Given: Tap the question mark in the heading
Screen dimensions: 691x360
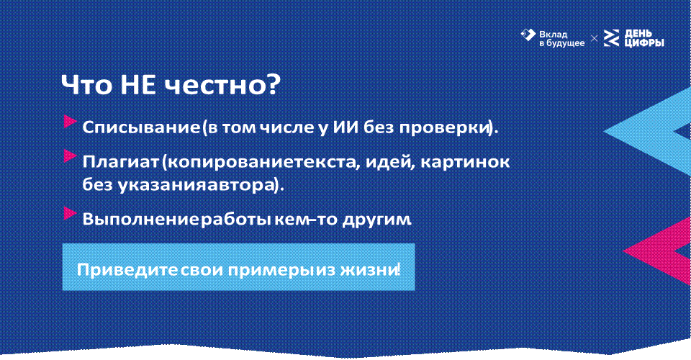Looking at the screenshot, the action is tap(273, 85).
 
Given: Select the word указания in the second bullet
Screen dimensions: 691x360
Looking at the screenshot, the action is tap(150, 185).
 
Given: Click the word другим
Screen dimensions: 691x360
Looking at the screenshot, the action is tap(376, 220).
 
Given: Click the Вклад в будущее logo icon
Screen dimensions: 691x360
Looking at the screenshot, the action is tap(528, 35).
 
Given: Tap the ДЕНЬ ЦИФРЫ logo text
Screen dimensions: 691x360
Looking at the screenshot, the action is tap(644, 38).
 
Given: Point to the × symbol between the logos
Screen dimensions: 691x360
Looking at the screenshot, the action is tap(595, 39).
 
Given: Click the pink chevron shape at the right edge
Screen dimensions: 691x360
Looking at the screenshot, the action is tap(661, 251).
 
